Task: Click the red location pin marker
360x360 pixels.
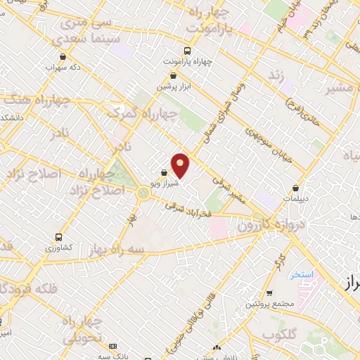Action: coord(180,165)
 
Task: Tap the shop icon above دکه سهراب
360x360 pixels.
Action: coord(63,57)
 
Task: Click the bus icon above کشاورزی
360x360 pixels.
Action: coord(58,237)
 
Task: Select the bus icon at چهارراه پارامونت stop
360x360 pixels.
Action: coord(186,51)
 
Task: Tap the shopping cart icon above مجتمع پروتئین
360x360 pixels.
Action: coord(269,293)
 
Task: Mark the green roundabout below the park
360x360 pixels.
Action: coord(143,193)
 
